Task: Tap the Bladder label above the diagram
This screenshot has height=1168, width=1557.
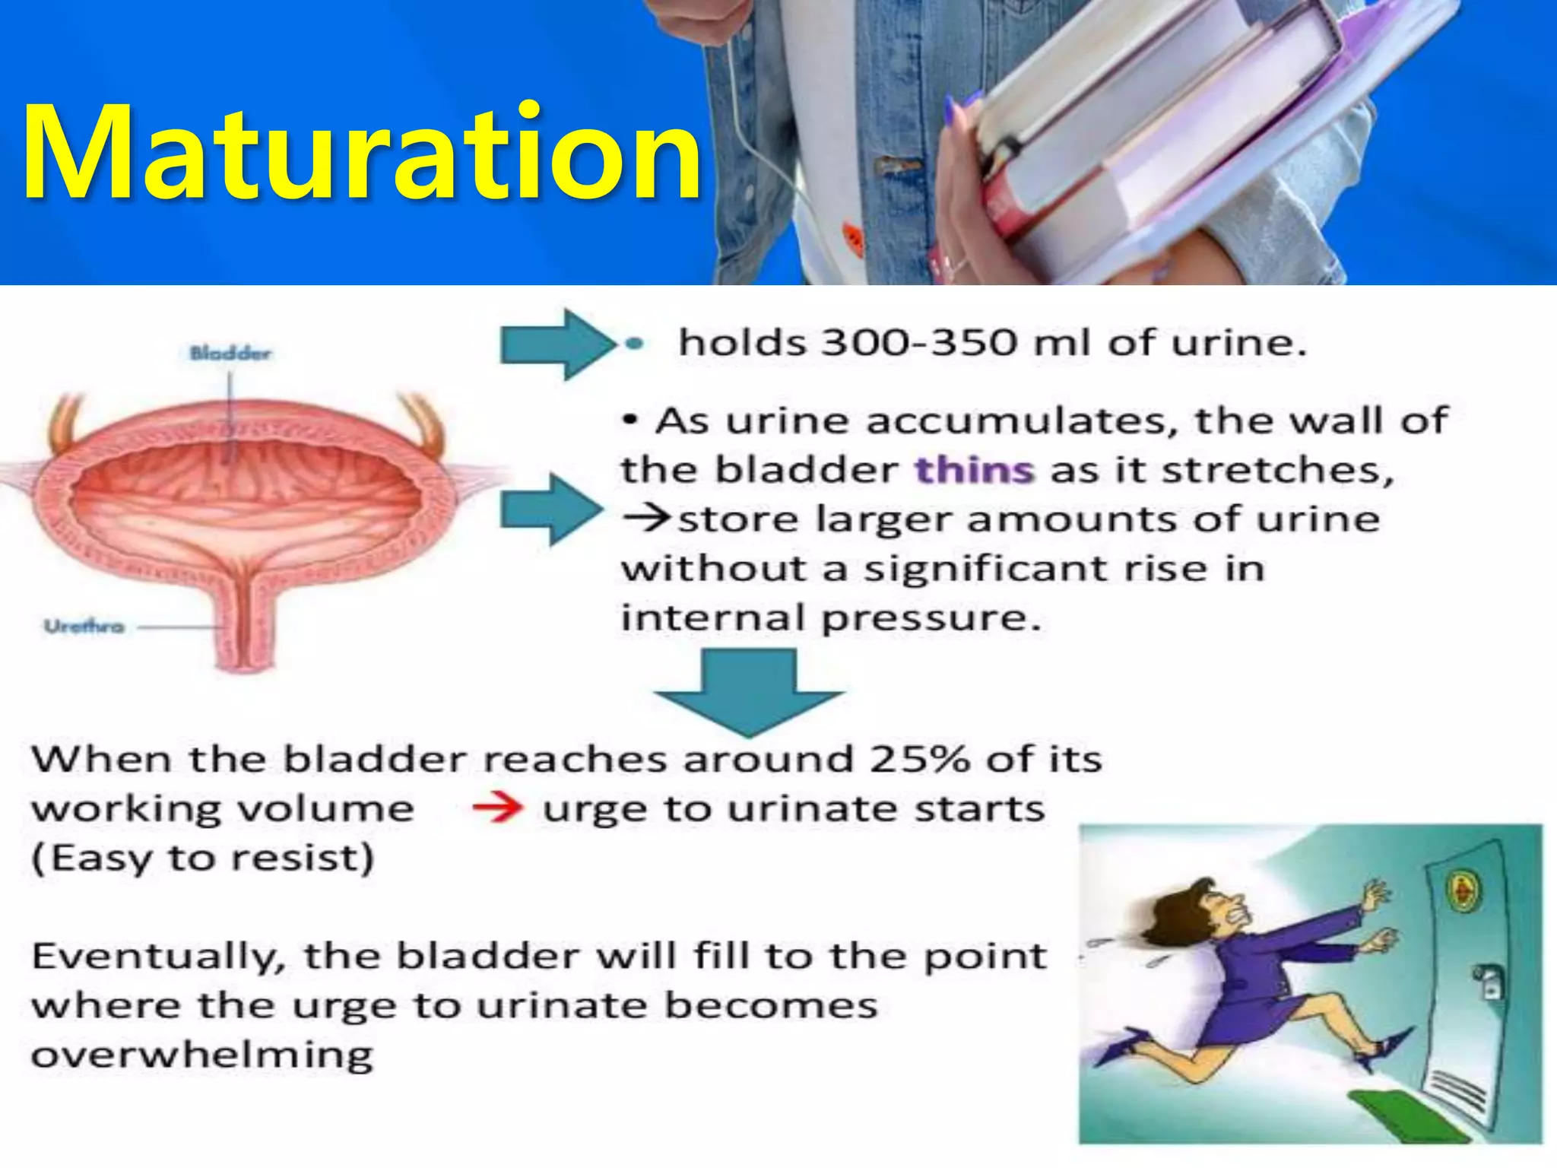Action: pyautogui.click(x=230, y=353)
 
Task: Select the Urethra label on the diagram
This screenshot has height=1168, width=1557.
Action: pyautogui.click(x=84, y=627)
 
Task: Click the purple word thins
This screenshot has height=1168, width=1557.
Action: pyautogui.click(x=974, y=470)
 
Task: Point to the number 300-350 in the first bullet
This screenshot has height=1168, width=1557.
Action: pyautogui.click(x=920, y=342)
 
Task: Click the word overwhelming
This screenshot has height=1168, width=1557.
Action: pyautogui.click(x=202, y=1055)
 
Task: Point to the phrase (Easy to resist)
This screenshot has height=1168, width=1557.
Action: pyautogui.click(x=202, y=858)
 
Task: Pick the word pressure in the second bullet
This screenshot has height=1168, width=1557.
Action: pyautogui.click(x=931, y=617)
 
